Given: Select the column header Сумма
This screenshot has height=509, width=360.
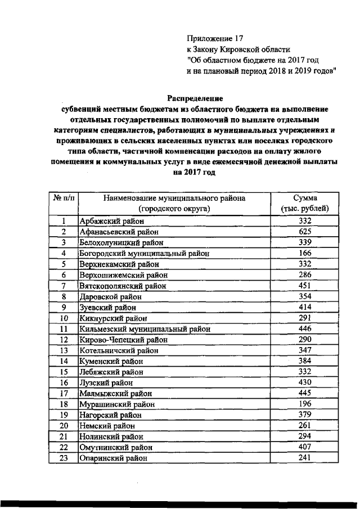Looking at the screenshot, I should pos(305,198).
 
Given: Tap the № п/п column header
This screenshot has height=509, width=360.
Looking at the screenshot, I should pos(64,198).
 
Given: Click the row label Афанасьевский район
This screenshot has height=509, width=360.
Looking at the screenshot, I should pos(119,231).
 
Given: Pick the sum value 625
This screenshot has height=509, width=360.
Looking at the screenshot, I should pos(305,231).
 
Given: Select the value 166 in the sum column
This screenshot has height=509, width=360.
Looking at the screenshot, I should pos(305,253).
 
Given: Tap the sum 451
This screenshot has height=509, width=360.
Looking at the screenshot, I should pos(305,286).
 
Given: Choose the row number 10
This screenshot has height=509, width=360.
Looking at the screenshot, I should pos(64,318).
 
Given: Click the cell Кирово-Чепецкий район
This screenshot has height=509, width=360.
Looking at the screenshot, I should pos(124,340).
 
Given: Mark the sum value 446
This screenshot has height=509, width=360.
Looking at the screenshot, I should pos(305,329).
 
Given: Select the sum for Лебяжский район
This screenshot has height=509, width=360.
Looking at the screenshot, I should pos(305,372).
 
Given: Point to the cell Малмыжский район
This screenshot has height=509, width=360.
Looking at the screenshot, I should pos(116,394).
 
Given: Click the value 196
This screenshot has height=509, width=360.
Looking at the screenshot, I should pos(305,404).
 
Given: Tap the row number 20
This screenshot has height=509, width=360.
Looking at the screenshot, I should pos(64,426).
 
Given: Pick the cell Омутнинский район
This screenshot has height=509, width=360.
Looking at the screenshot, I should pos(116,448).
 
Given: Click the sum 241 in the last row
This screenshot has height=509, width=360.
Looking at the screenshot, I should pos(305,458).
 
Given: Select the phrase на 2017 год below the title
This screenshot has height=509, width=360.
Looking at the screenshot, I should pos(195,173).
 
